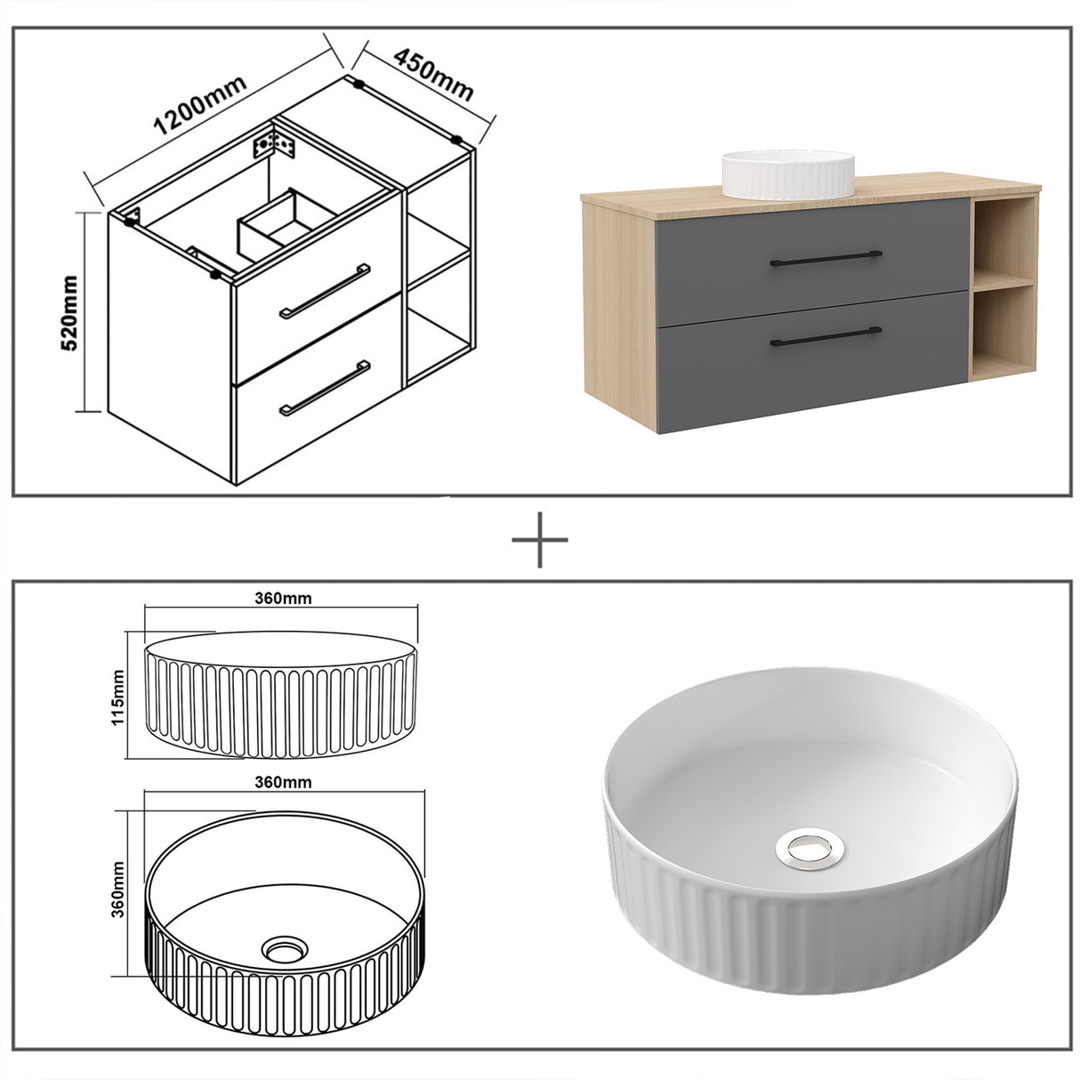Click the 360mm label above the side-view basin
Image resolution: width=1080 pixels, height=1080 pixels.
tap(280, 598)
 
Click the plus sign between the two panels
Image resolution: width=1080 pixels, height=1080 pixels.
tap(539, 539)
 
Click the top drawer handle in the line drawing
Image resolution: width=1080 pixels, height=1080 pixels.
tap(325, 291)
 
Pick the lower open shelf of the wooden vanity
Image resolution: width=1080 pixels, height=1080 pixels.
tap(1003, 329)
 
